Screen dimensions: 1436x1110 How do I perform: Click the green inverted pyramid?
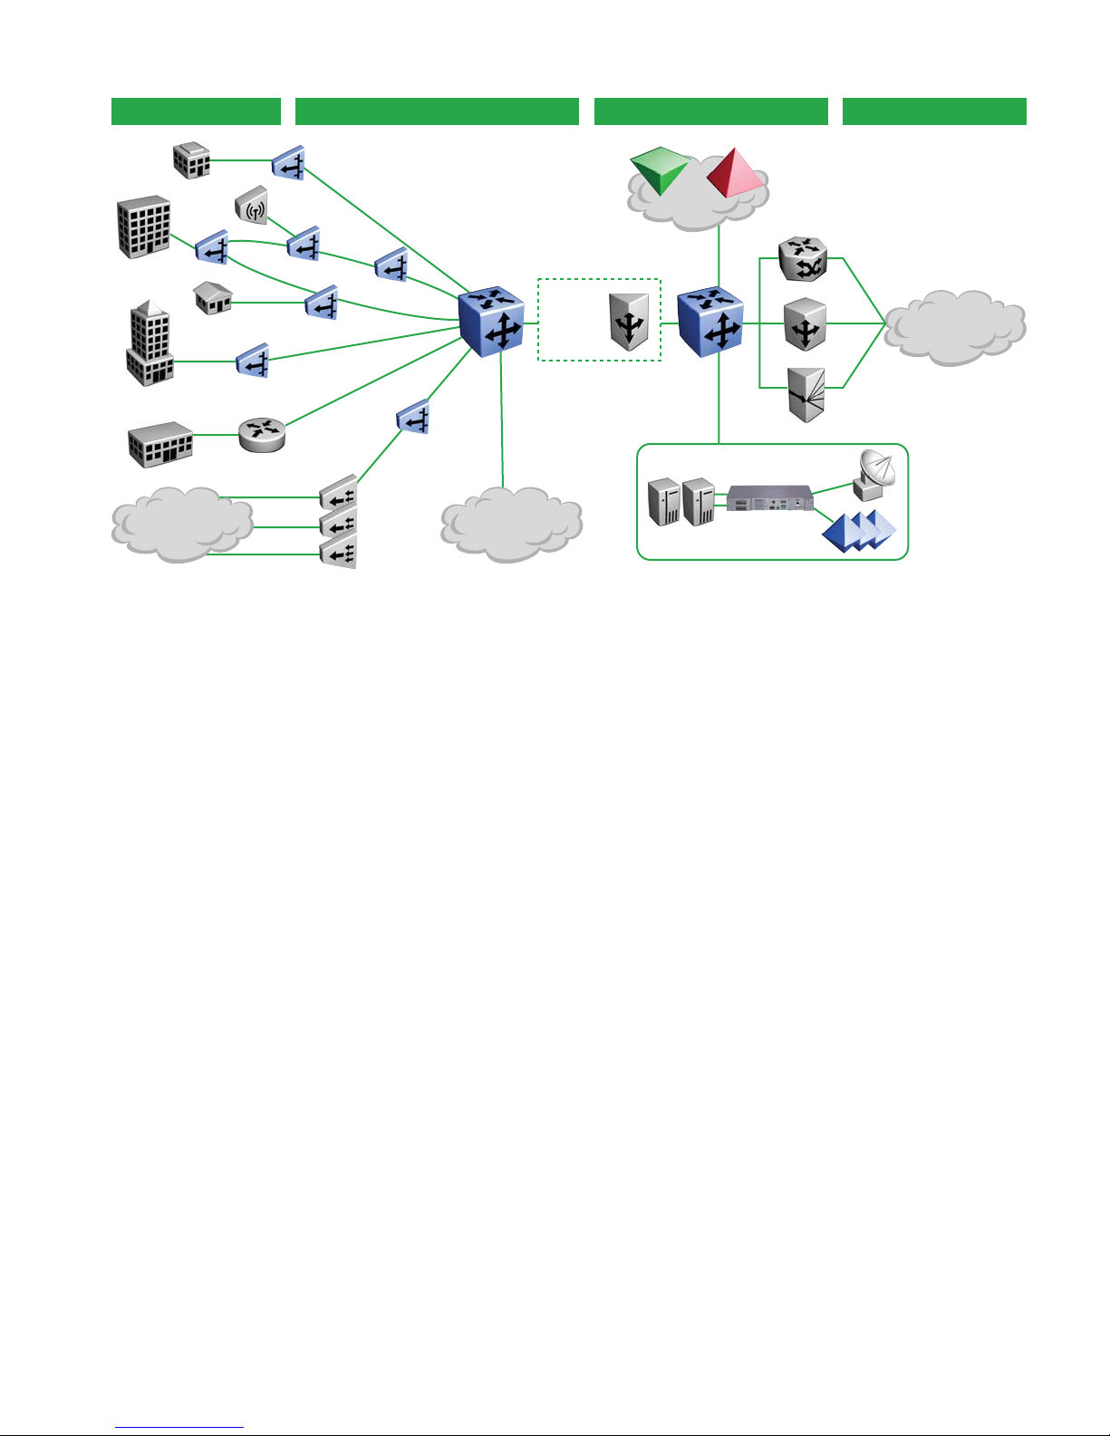coord(660,170)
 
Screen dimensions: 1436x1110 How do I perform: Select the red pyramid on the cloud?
coord(735,173)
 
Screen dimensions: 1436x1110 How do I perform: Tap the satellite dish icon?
coord(874,475)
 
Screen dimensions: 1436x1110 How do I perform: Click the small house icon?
coord(213,296)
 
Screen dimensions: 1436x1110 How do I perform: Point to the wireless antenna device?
coord(253,206)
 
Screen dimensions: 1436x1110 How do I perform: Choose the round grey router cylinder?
coord(262,433)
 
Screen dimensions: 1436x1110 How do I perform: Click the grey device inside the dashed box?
coord(630,321)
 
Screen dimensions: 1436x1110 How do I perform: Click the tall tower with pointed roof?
coord(150,344)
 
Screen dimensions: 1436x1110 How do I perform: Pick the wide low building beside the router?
coord(160,444)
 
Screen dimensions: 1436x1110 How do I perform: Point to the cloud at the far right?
coord(954,326)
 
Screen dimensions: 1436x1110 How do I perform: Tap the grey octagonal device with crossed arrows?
coord(803,259)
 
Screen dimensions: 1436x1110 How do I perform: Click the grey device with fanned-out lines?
coord(806,394)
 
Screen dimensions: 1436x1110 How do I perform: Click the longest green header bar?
coord(437,111)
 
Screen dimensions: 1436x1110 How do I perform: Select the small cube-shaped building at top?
coord(191,160)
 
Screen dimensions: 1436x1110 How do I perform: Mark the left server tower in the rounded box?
coord(664,502)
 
